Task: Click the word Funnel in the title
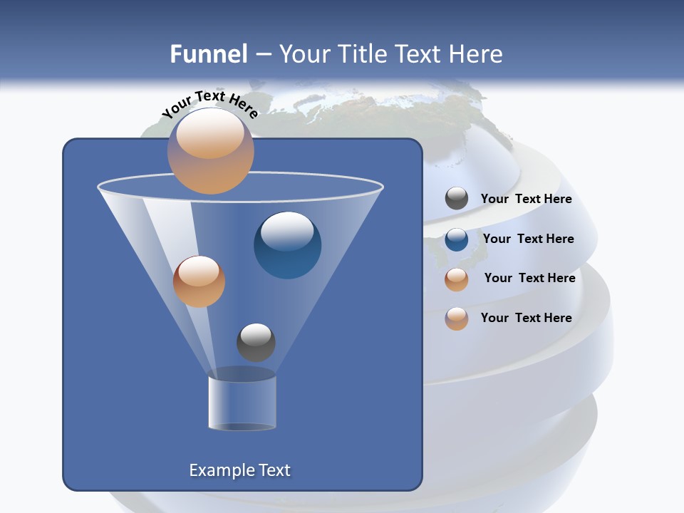(x=208, y=54)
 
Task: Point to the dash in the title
(x=263, y=55)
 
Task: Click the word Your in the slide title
(x=306, y=54)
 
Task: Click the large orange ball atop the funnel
(x=211, y=150)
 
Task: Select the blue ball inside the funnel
(x=288, y=244)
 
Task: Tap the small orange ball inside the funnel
(x=199, y=281)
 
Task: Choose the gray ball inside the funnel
(x=256, y=342)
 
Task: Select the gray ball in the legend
(x=457, y=199)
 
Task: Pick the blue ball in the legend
(x=457, y=239)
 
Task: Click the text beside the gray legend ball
(x=526, y=199)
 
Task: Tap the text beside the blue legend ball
(x=528, y=239)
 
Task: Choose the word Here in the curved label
(x=244, y=106)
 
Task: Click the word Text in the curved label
(x=210, y=96)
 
